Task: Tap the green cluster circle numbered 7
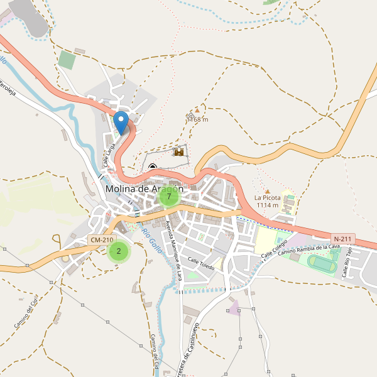tap(168, 197)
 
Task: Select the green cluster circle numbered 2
tap(118, 251)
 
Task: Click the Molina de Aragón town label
tap(145, 188)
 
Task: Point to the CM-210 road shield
tap(102, 240)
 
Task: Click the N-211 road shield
tap(343, 239)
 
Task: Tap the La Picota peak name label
tap(266, 197)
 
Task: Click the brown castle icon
tap(179, 151)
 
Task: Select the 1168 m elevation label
tap(197, 119)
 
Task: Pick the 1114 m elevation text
tap(266, 205)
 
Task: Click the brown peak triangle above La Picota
tap(267, 191)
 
